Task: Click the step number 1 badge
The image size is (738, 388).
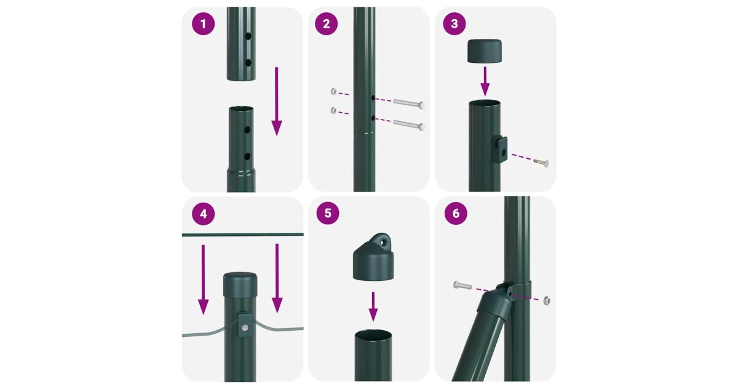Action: click(x=204, y=24)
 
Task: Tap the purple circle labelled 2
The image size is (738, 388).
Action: click(x=326, y=24)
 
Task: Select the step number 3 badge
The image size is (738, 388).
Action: click(x=454, y=24)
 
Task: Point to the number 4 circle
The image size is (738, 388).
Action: click(x=204, y=214)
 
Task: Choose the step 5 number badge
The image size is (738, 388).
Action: click(x=327, y=213)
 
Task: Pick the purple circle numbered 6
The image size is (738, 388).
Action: click(x=456, y=214)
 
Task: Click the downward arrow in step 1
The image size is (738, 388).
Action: click(x=276, y=101)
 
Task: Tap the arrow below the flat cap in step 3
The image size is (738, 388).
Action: click(x=485, y=81)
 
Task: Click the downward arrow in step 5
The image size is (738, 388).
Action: click(x=373, y=307)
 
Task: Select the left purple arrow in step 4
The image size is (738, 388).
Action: click(x=203, y=280)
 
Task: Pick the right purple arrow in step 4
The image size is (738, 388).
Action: click(x=277, y=278)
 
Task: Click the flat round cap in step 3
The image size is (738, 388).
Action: click(x=485, y=51)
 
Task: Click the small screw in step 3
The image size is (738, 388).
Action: click(x=541, y=163)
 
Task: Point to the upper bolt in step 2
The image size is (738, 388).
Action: click(x=408, y=103)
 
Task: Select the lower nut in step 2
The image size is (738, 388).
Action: click(x=333, y=110)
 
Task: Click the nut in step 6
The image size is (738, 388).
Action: click(x=547, y=301)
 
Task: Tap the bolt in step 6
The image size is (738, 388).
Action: click(x=462, y=285)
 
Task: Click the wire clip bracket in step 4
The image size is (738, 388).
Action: click(x=244, y=325)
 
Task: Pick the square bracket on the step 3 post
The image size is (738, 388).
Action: click(x=500, y=149)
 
